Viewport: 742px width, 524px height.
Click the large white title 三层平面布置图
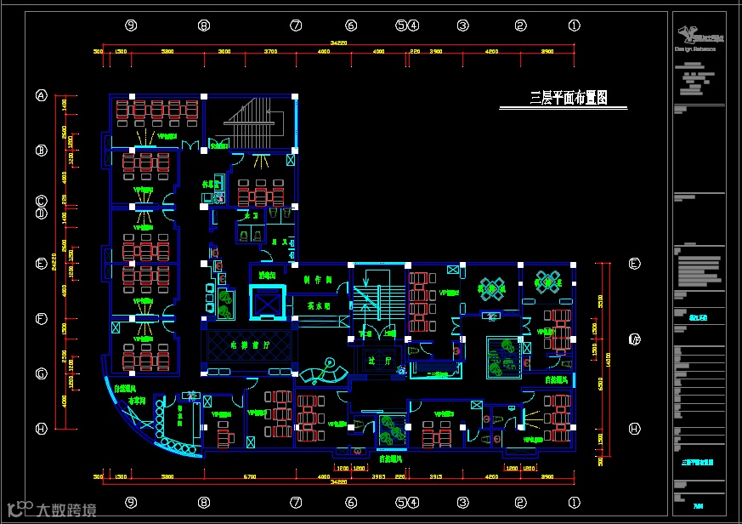point(569,98)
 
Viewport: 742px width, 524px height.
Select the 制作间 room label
point(316,278)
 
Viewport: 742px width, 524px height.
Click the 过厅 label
point(378,361)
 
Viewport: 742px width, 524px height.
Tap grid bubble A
point(41,96)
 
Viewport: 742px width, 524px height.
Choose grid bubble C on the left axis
point(41,202)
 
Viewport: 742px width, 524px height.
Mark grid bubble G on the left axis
point(41,373)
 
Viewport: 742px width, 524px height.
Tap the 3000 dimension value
point(224,52)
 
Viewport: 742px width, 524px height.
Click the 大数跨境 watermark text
point(65,510)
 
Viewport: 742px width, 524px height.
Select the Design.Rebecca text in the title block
point(695,49)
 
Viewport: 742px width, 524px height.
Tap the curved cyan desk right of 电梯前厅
point(325,372)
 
